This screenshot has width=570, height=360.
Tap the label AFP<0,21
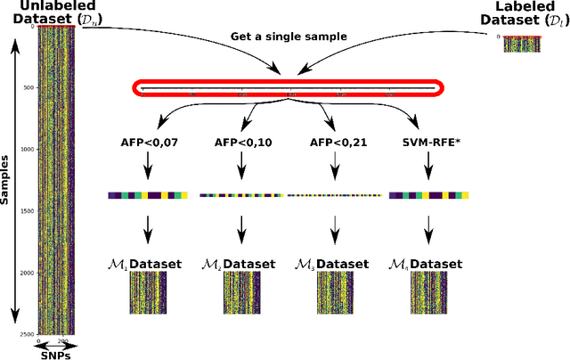tap(334, 142)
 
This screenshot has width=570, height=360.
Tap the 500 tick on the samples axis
tap(28, 88)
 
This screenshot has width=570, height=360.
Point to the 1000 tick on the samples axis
tap(27, 150)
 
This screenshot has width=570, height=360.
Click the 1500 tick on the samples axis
tap(27, 211)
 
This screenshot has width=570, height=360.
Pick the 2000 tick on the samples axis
tap(27, 273)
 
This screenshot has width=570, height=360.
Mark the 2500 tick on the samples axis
tap(27, 334)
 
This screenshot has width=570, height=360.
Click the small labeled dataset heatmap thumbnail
tap(520, 44)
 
